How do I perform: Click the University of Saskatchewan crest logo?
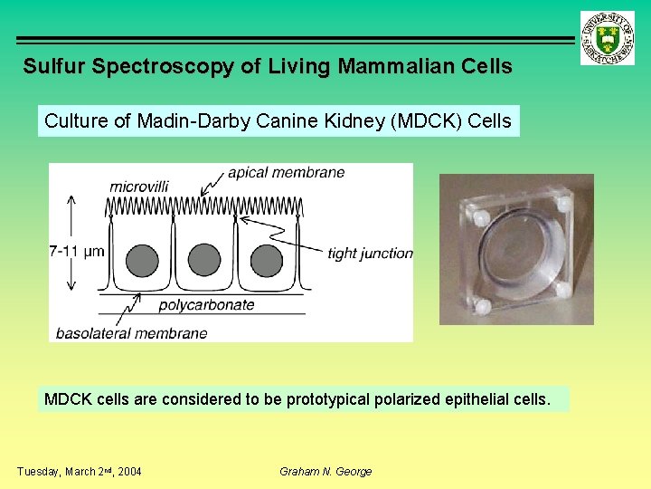[x=607, y=38]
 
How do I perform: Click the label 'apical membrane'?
[x=286, y=173]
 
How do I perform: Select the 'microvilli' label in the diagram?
[x=139, y=187]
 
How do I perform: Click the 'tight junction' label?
[x=370, y=254]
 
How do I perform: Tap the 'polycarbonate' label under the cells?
[x=206, y=305]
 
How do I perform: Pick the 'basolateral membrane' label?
[x=131, y=333]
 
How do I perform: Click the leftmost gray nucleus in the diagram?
[x=141, y=261]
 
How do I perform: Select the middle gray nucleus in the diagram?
[x=204, y=261]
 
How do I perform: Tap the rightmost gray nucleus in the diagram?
[x=267, y=261]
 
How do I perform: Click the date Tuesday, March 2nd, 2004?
[x=79, y=472]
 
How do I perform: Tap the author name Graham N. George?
[x=325, y=472]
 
